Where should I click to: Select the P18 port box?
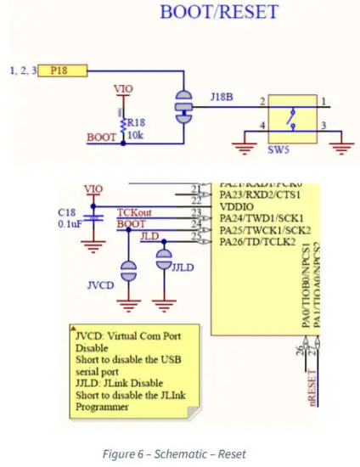pos(59,70)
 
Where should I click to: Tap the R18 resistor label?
pos(137,121)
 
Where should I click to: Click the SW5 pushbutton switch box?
pos(291,114)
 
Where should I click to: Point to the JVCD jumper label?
pos(100,286)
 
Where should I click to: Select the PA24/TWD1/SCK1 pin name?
pos(261,219)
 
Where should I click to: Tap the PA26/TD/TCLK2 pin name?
pos(258,243)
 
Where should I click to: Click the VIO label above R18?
pos(123,88)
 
